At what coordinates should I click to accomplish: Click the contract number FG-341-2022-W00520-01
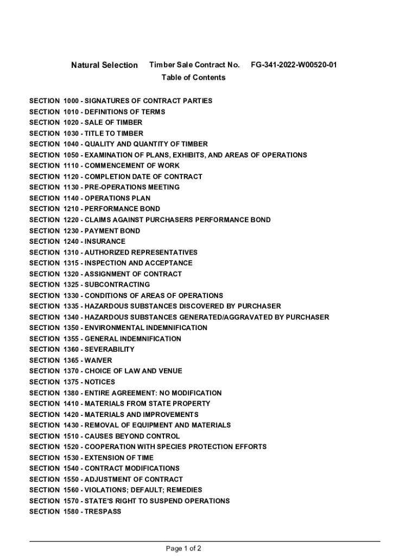(x=294, y=65)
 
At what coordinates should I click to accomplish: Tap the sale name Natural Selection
(x=104, y=65)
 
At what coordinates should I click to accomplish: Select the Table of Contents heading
(x=193, y=78)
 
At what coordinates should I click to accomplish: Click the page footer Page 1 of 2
(x=183, y=548)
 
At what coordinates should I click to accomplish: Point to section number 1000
(x=72, y=101)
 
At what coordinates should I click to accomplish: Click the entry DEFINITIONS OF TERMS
(x=125, y=112)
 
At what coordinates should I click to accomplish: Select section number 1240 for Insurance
(x=72, y=242)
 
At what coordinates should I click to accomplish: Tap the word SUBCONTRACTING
(x=117, y=285)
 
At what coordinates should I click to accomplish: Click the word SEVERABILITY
(x=110, y=350)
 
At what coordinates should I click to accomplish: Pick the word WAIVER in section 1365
(x=98, y=361)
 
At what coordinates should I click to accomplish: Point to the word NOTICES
(x=100, y=382)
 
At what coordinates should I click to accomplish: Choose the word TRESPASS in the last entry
(x=103, y=512)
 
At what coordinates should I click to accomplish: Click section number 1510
(x=72, y=436)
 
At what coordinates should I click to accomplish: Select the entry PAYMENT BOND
(x=112, y=231)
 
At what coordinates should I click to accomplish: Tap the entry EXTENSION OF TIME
(x=119, y=458)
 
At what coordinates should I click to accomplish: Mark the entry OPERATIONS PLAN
(x=118, y=198)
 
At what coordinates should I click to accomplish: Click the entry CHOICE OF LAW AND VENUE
(x=134, y=371)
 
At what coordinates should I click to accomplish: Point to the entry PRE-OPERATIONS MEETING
(x=132, y=187)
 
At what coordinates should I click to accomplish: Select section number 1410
(x=72, y=404)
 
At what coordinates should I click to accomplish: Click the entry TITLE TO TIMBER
(x=114, y=134)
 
